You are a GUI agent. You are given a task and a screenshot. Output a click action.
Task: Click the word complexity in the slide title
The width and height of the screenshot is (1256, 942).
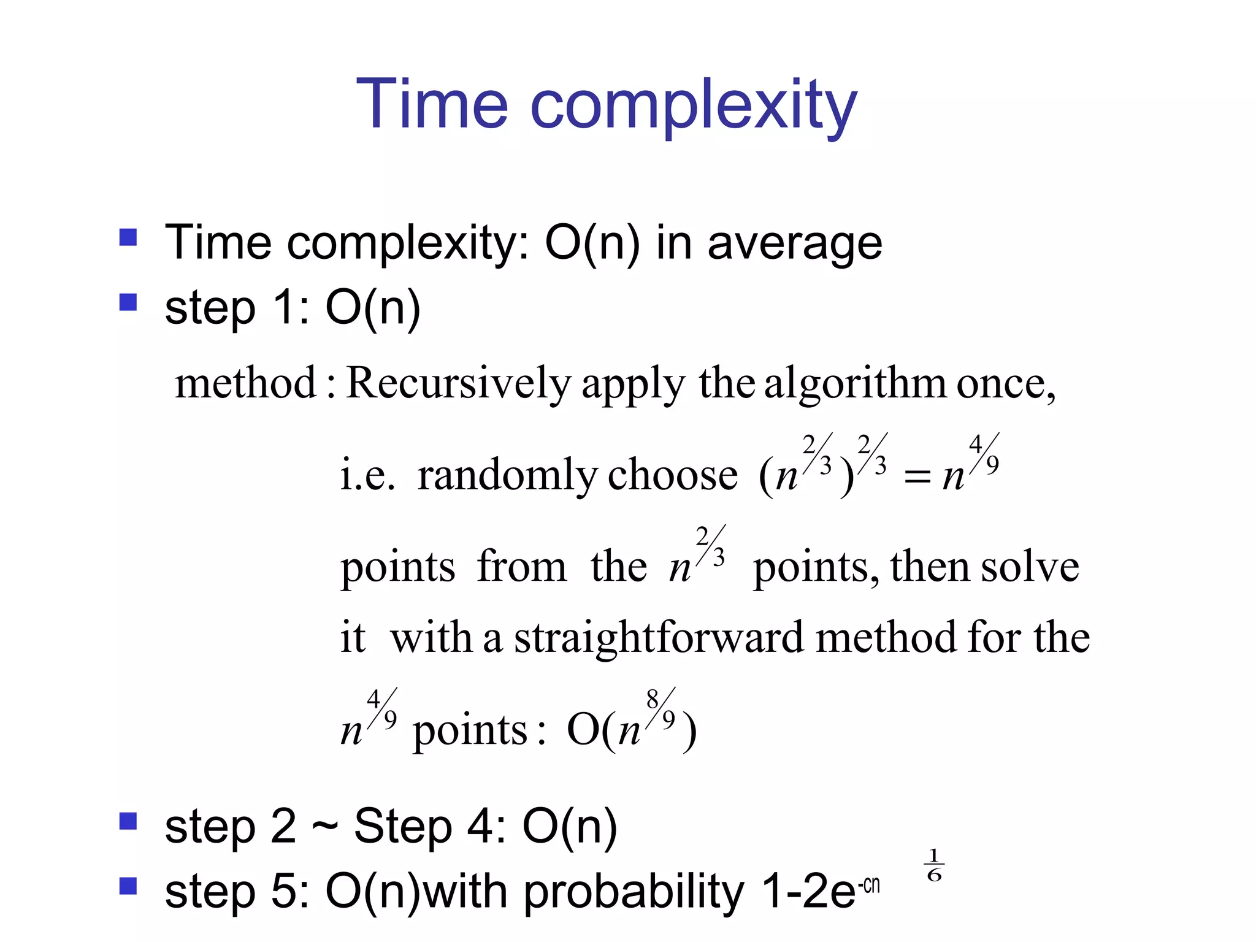[x=693, y=107]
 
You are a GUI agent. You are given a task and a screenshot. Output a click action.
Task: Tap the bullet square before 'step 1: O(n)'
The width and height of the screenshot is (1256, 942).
[x=128, y=302]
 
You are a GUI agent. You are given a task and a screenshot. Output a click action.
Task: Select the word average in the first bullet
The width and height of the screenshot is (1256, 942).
[x=795, y=243]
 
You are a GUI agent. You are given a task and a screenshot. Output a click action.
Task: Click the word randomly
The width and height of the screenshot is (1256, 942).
[x=507, y=476]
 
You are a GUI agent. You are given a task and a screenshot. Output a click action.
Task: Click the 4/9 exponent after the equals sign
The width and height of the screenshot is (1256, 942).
[x=984, y=454]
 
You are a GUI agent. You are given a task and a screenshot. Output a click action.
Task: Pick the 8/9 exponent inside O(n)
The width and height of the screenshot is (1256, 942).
[x=661, y=709]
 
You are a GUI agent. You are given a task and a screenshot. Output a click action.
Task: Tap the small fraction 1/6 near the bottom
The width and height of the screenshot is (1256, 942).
[x=933, y=865]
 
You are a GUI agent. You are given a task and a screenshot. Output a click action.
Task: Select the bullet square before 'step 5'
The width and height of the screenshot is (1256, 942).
[x=128, y=886]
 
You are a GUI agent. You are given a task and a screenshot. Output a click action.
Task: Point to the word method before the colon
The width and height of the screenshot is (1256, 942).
[x=245, y=384]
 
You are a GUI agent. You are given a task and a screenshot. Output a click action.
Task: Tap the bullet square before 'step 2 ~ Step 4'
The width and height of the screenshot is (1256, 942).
[x=128, y=821]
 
